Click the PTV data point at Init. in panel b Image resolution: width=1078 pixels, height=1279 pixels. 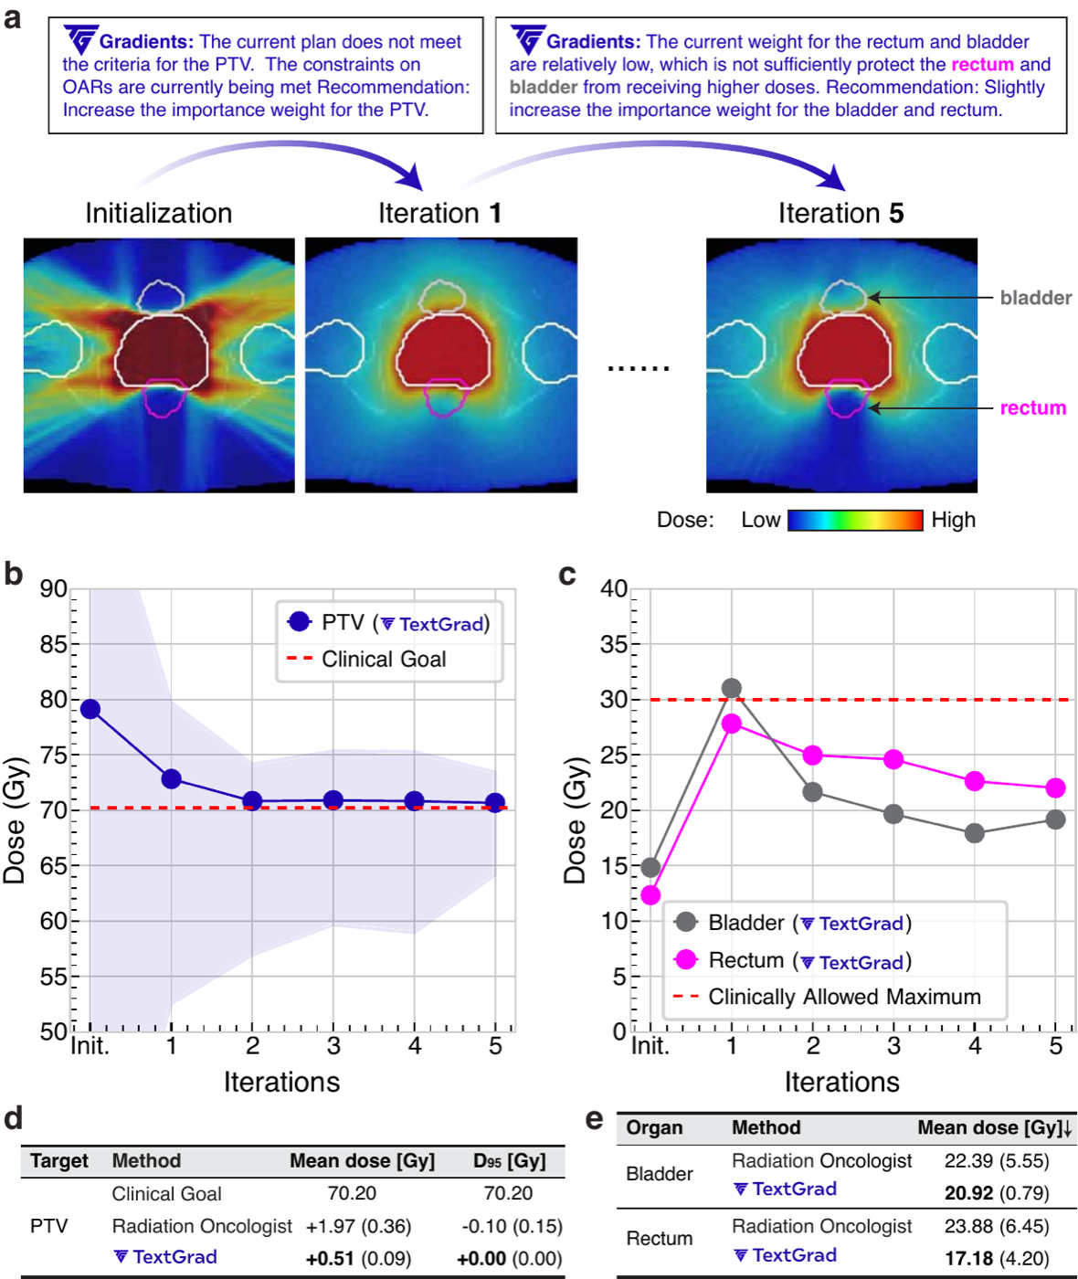90,709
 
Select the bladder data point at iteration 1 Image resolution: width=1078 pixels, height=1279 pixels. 732,688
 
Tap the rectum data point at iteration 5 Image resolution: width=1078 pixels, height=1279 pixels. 1055,787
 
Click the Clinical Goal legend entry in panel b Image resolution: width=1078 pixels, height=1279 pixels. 366,659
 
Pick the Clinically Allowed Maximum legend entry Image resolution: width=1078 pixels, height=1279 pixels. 827,997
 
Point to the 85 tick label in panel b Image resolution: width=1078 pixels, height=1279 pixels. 53,644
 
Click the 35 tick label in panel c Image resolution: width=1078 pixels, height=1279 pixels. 614,644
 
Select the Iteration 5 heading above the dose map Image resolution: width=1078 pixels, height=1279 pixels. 841,213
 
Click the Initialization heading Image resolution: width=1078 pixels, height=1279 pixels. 159,213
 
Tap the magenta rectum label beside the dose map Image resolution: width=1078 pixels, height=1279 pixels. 1033,408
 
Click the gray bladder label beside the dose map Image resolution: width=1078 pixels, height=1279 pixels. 1036,298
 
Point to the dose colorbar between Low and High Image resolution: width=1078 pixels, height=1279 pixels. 855,520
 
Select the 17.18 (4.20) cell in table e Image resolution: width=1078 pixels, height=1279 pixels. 997,1259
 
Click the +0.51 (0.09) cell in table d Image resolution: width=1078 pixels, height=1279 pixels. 358,1259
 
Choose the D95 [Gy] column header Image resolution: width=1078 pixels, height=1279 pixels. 509,1161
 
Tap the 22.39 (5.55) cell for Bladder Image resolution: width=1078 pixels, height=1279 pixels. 997,1161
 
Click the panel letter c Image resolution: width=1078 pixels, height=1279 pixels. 567,576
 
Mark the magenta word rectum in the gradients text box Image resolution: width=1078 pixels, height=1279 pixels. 982,64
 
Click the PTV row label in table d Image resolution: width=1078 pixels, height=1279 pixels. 49,1226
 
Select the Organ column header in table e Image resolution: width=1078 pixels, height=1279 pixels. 654,1127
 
